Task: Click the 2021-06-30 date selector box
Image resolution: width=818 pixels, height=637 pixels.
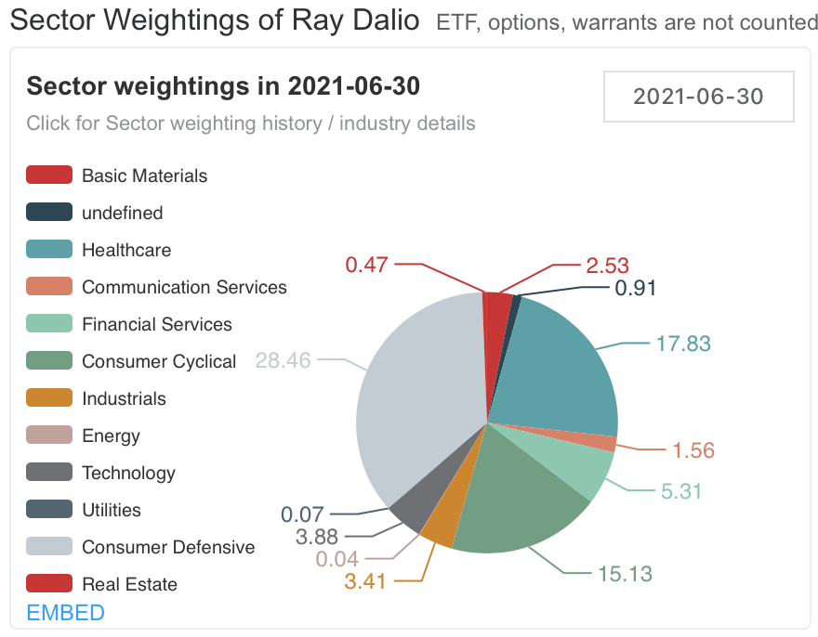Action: coord(698,96)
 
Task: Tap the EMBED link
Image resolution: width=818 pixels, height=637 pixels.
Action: coord(65,613)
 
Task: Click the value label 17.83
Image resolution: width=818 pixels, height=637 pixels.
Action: coord(682,344)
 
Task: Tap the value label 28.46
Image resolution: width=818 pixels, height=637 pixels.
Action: coord(283,359)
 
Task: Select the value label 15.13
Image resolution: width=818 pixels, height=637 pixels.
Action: coord(624,573)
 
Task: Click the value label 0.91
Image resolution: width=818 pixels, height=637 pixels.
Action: coord(637,288)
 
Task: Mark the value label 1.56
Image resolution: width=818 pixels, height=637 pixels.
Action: coord(693,451)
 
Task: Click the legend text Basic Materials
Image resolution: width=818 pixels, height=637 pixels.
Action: coord(144,175)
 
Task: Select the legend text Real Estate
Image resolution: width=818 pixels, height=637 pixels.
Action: coord(129,584)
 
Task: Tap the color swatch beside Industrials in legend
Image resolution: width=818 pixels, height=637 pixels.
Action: coord(49,398)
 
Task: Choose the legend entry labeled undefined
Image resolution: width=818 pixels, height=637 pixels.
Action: coord(122,213)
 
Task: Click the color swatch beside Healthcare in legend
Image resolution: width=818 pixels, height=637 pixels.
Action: coord(49,250)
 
